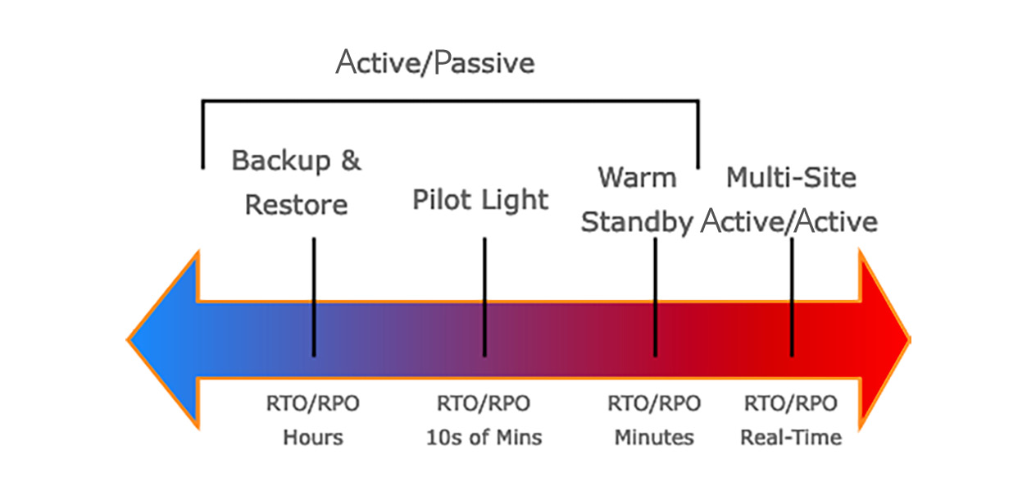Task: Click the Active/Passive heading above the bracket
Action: tap(435, 62)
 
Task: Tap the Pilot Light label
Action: tap(480, 200)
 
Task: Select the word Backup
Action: tap(281, 161)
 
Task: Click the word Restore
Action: tap(296, 205)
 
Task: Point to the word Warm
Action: tap(638, 178)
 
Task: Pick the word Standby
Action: tap(637, 223)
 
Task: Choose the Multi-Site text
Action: tap(791, 178)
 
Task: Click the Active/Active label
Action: tap(789, 221)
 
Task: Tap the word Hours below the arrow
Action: tap(313, 437)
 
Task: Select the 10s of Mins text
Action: tap(484, 437)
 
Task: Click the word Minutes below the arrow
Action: tap(654, 437)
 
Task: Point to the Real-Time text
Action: tap(791, 437)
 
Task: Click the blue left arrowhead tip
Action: tap(128, 340)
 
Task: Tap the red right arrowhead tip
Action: tap(910, 340)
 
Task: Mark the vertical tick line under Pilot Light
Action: tap(484, 297)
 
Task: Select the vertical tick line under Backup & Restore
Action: tap(314, 297)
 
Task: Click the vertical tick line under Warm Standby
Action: tap(656, 297)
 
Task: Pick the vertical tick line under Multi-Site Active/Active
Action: tap(792, 297)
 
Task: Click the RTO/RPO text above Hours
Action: tap(312, 403)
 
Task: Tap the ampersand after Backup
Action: tap(351, 160)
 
